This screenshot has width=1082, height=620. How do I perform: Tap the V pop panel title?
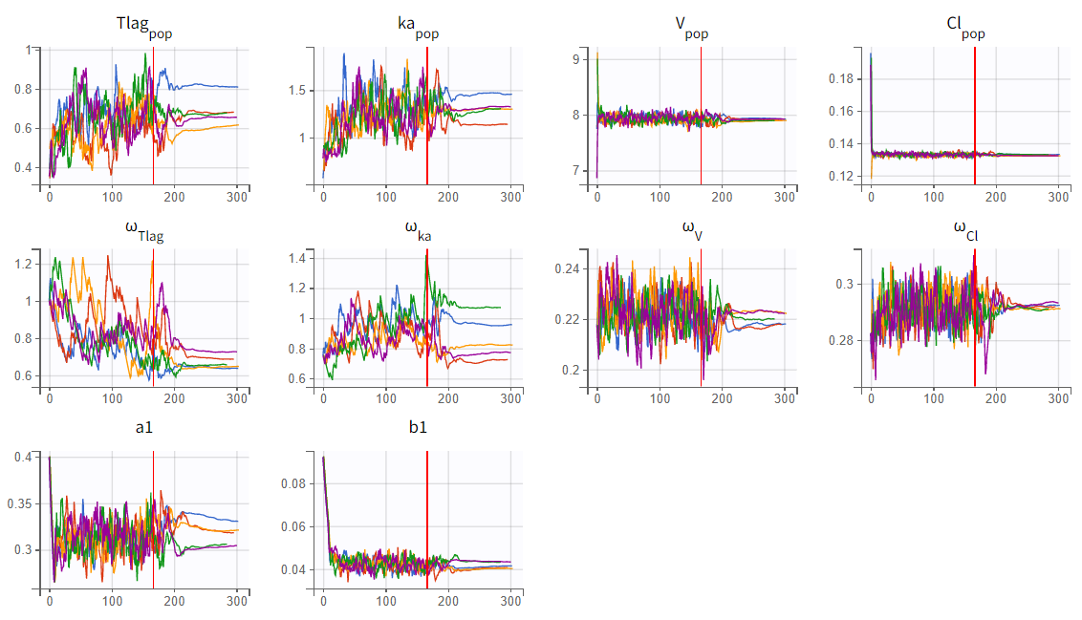(x=691, y=30)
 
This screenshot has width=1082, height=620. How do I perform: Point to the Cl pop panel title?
(x=960, y=30)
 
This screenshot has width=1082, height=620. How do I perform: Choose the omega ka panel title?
(x=418, y=232)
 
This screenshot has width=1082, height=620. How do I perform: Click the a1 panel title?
(x=144, y=428)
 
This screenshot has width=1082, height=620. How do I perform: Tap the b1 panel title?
(x=417, y=428)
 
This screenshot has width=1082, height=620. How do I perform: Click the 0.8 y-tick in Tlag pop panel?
(x=23, y=90)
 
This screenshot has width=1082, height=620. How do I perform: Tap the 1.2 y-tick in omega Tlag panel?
(x=23, y=264)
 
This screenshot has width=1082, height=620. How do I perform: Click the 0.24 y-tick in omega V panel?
(x=568, y=269)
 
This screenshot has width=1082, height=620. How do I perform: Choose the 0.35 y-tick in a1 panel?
(x=19, y=503)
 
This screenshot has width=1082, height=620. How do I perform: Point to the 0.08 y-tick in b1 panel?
(x=292, y=483)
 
